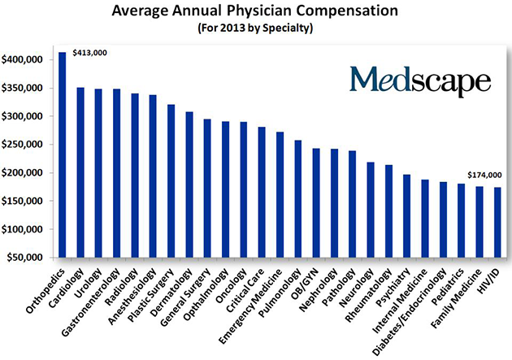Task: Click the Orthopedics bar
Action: coord(62,154)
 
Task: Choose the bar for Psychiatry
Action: coord(406,215)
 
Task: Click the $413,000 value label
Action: coord(89,53)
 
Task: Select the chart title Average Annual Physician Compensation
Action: coord(255,13)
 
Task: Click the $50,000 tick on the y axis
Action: coord(25,258)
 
